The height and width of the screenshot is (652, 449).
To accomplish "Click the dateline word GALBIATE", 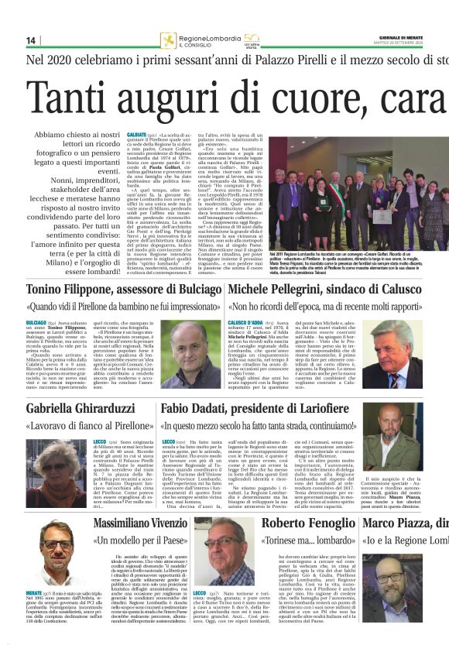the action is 136,135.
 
